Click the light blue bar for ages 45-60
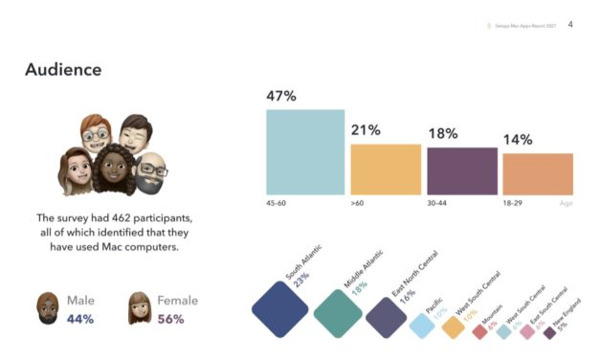[304, 152]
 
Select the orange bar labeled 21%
[386, 169]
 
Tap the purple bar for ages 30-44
[461, 171]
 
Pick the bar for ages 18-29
[537, 174]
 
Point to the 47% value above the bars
[281, 97]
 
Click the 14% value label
[517, 140]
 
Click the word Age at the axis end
[566, 204]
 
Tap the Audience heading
[63, 69]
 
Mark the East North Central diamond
[388, 319]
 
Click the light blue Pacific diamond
[422, 326]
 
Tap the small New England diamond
[549, 334]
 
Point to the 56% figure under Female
[169, 319]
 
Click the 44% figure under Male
[80, 319]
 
